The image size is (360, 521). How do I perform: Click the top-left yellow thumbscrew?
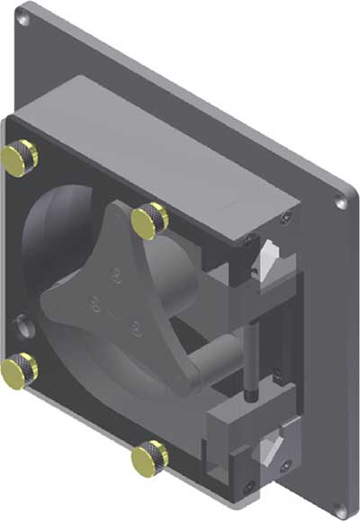point(20,158)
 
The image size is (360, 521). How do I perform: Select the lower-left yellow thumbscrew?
point(19,369)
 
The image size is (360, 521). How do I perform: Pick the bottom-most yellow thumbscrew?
point(148,458)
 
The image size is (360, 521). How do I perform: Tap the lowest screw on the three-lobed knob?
point(134,327)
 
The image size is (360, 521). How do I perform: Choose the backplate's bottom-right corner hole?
point(339,510)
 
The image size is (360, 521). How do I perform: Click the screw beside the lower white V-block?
point(286,466)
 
